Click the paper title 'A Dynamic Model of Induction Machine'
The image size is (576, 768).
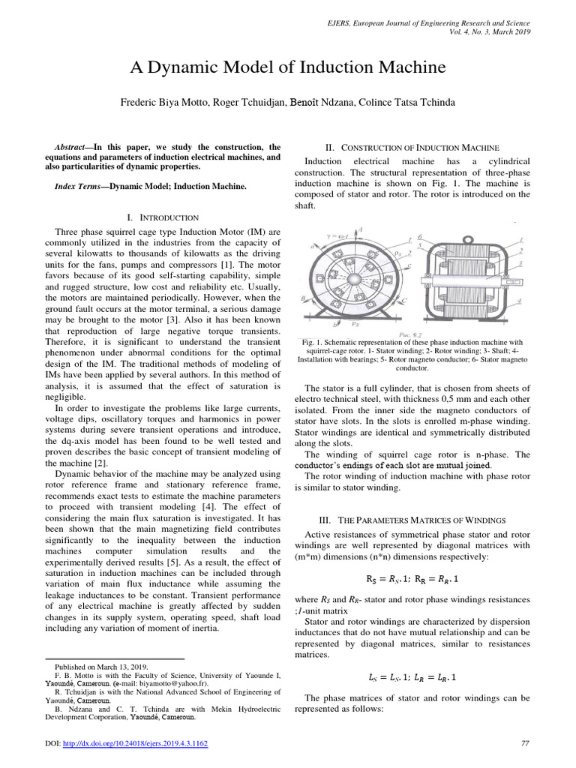pyautogui.click(x=288, y=68)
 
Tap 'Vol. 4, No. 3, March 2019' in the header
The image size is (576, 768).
pyautogui.click(x=490, y=33)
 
